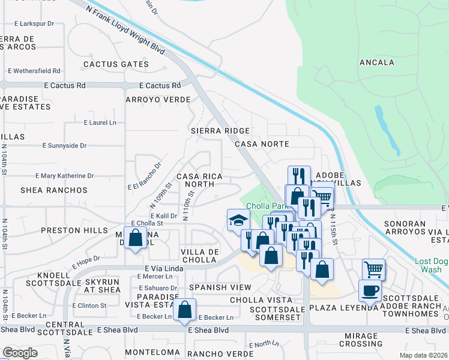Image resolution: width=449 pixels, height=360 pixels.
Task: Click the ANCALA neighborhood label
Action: coord(376,62)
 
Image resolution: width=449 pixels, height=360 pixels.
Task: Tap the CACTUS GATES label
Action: coord(116,64)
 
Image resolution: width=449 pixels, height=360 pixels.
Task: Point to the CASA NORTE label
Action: coord(262,144)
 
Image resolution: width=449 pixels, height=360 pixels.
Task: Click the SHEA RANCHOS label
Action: coord(54,190)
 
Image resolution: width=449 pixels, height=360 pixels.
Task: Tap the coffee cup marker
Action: coord(370,290)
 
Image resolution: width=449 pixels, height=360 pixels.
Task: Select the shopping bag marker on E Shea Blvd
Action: coord(185,310)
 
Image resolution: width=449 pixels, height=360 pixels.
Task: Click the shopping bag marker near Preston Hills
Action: coord(136,237)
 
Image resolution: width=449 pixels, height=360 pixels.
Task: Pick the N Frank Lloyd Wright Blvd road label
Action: coord(125,28)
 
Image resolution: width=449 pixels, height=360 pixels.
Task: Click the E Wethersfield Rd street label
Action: coord(34,71)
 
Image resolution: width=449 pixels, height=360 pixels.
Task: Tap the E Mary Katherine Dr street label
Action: coord(65,176)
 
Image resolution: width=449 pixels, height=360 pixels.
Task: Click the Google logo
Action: coord(20,353)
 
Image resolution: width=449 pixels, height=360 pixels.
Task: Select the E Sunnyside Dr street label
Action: coord(65,145)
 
